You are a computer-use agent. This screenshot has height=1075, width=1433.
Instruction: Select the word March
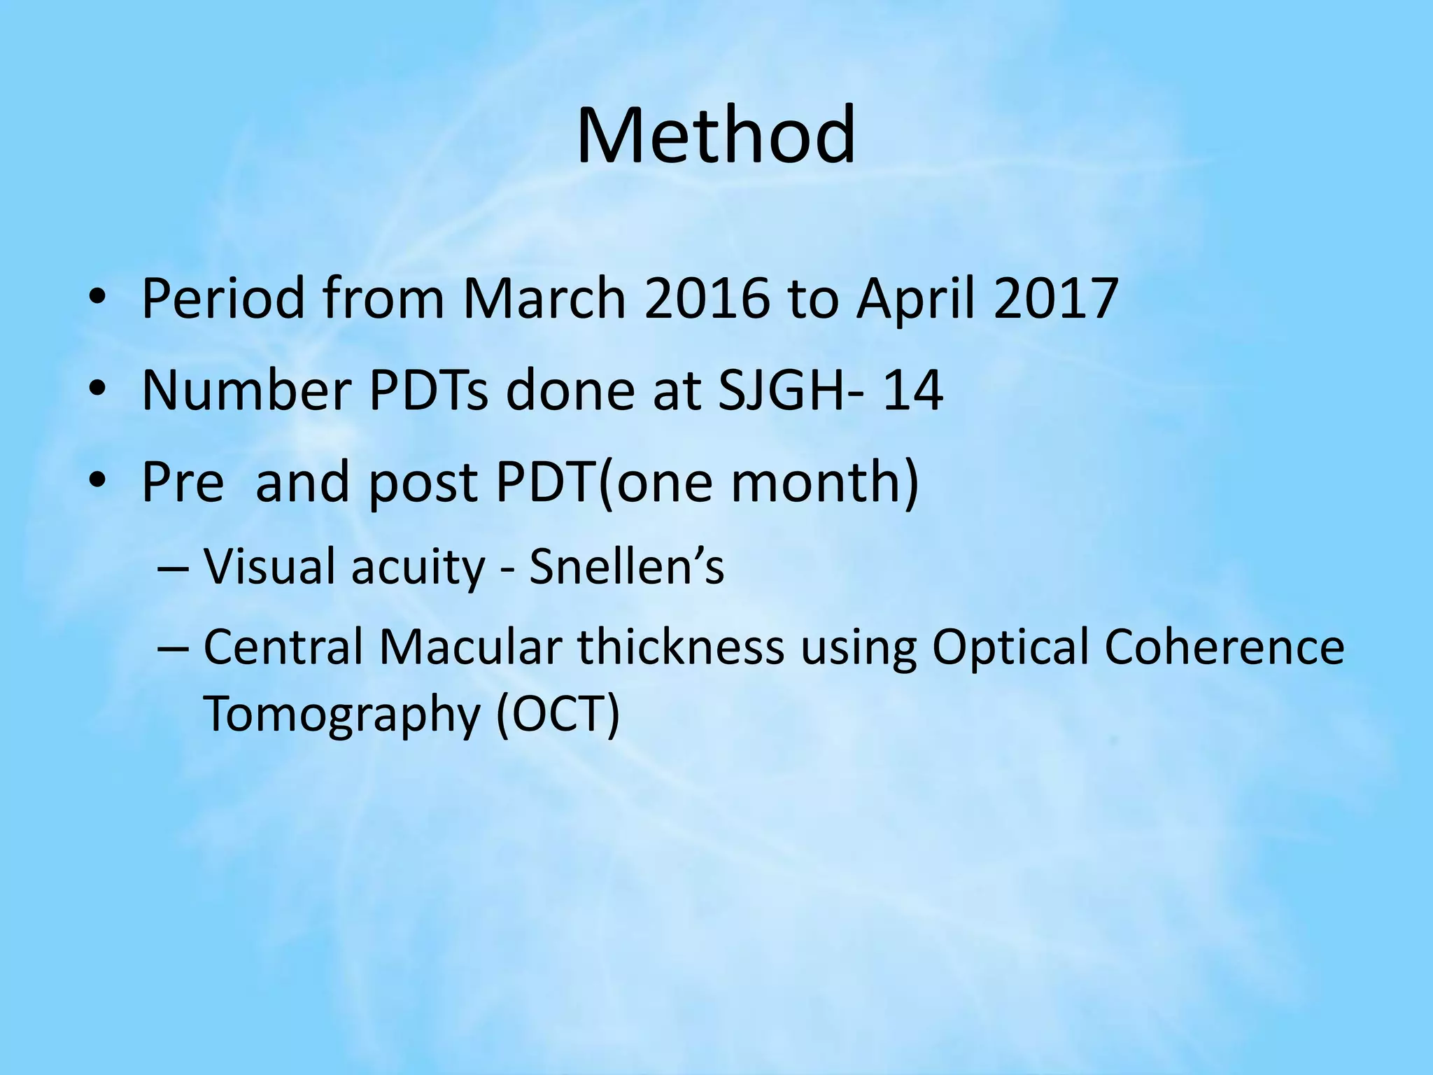point(544,299)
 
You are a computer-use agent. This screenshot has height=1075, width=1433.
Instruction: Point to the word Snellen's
point(626,566)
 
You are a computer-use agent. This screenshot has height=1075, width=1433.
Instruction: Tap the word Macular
point(470,647)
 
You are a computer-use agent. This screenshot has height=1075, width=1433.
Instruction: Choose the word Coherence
point(1224,647)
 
